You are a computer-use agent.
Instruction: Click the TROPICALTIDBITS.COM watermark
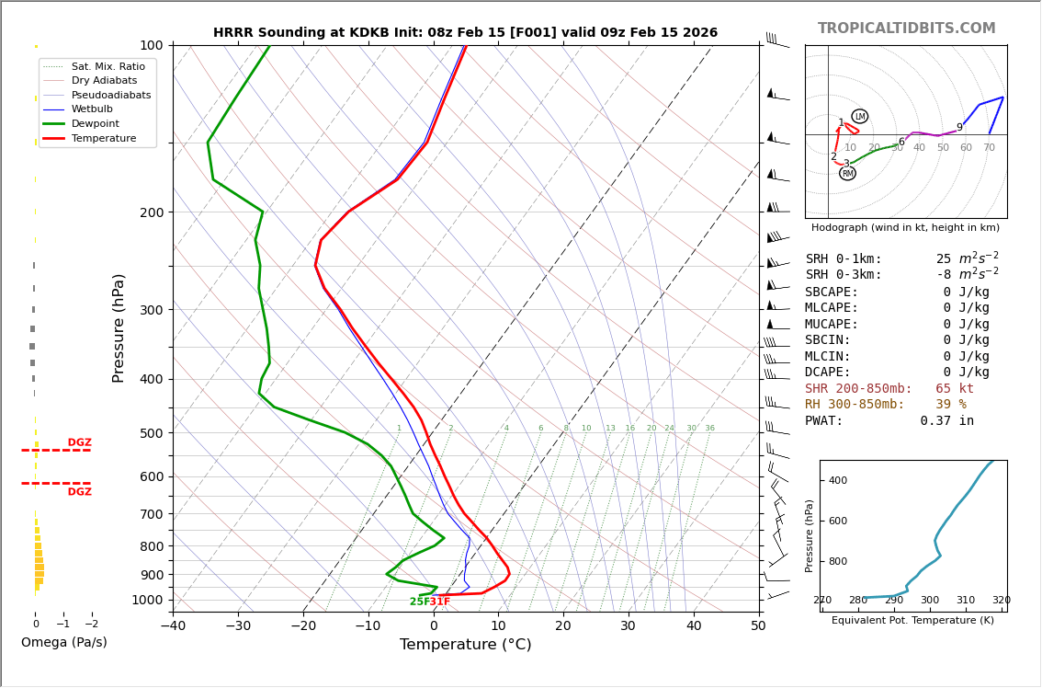click(x=906, y=29)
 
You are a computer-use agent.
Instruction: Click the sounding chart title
click(x=465, y=33)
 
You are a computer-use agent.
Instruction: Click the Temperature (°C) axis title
click(x=465, y=645)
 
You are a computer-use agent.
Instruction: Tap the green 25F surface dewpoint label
click(x=419, y=602)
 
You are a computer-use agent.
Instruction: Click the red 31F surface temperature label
click(x=440, y=602)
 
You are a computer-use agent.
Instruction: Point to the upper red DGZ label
click(x=79, y=442)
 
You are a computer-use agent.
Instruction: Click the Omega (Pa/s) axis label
click(x=63, y=642)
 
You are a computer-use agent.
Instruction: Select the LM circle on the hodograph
click(x=859, y=117)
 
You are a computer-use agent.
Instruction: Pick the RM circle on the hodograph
click(x=847, y=173)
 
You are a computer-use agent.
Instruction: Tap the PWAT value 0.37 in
click(x=946, y=420)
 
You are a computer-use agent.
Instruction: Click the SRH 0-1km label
click(x=843, y=259)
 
